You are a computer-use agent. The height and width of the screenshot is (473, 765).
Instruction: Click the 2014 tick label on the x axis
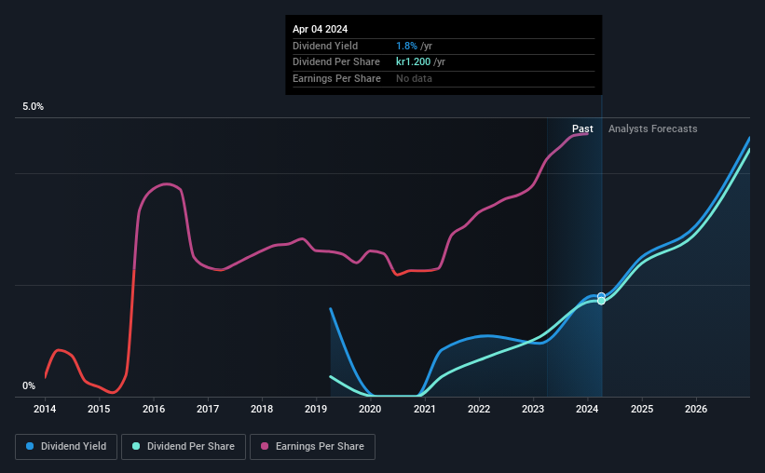click(x=45, y=409)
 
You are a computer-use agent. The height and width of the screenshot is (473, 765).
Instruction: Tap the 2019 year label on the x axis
click(x=316, y=409)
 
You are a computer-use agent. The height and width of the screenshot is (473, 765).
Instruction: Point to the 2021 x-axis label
click(x=425, y=409)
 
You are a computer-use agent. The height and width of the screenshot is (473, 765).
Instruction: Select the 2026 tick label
click(x=696, y=409)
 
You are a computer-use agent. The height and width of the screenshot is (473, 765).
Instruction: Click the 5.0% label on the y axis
click(x=33, y=107)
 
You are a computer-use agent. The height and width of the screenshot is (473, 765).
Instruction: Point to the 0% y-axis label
click(x=29, y=385)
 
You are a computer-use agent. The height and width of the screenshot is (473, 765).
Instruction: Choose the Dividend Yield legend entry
click(x=67, y=447)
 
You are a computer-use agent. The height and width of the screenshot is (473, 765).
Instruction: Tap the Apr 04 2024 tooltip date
click(x=320, y=29)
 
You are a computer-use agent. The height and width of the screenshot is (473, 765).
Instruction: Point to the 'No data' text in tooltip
click(x=414, y=79)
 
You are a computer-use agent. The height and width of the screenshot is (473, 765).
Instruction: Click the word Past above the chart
click(x=582, y=128)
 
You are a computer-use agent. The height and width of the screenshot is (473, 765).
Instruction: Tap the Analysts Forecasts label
click(x=652, y=128)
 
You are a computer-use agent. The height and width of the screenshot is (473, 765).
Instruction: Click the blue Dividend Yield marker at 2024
click(x=601, y=296)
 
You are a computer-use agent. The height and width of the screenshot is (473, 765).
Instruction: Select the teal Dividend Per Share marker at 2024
click(x=601, y=301)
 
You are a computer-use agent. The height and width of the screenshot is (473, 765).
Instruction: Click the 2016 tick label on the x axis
click(x=154, y=409)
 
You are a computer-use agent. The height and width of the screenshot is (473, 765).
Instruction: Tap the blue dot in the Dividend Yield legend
click(x=30, y=447)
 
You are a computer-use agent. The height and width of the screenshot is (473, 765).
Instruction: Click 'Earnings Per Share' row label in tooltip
click(x=336, y=79)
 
